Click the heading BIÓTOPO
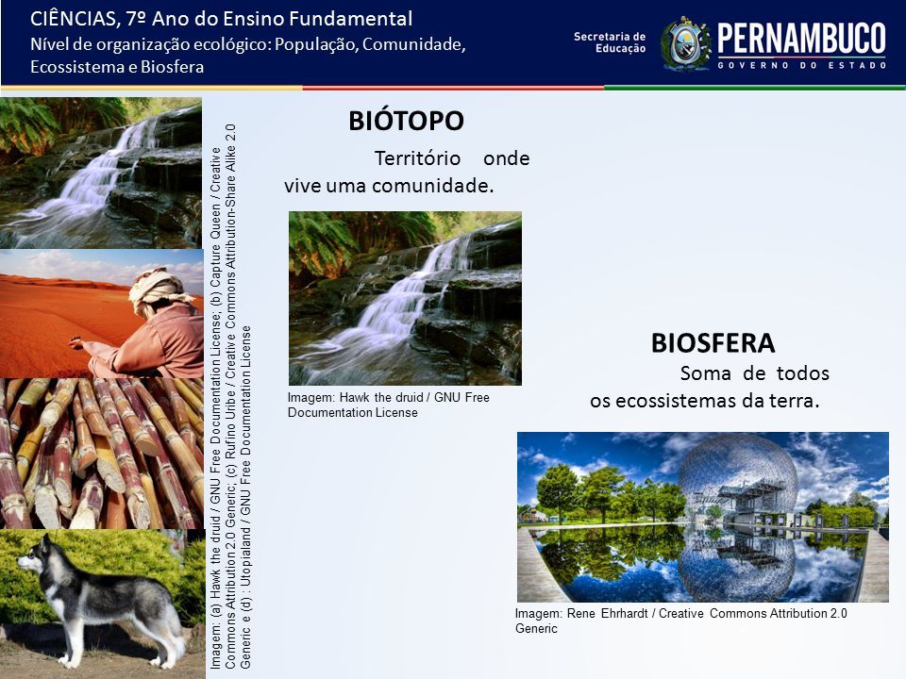click(406, 121)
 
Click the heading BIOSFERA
click(713, 343)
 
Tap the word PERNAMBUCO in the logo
click(801, 39)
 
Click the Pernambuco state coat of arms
click(686, 44)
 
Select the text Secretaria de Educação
click(610, 42)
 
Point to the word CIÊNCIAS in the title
click(74, 19)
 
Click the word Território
click(417, 158)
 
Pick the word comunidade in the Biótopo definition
click(433, 186)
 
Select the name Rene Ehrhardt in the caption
click(607, 613)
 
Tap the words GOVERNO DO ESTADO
click(802, 65)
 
